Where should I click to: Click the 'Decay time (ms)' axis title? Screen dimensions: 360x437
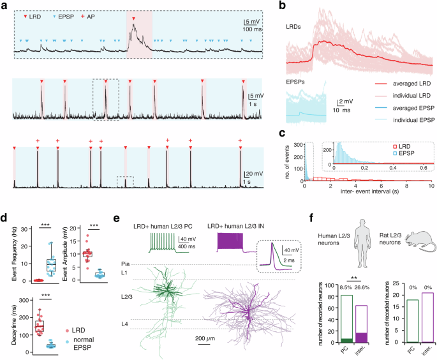[8, 324]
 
